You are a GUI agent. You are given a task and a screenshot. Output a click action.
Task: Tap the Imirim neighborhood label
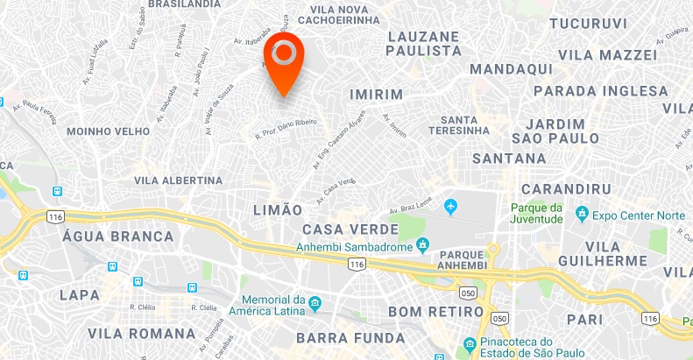(375, 94)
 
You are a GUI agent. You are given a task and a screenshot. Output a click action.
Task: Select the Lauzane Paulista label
(422, 44)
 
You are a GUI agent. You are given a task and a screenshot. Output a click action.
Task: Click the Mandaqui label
(510, 68)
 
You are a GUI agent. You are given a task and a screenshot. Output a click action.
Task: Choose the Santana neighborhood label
(508, 159)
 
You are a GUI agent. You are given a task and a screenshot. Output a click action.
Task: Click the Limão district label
(276, 210)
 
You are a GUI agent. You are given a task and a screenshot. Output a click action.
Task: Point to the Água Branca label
(117, 236)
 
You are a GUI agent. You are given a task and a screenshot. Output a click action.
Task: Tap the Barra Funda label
(350, 338)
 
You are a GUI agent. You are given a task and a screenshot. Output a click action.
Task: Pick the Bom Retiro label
(435, 312)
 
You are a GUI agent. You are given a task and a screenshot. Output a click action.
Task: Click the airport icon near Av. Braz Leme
(451, 207)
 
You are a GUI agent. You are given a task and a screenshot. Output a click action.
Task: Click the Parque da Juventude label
(536, 213)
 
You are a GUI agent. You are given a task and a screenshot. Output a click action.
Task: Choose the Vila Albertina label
(178, 180)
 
